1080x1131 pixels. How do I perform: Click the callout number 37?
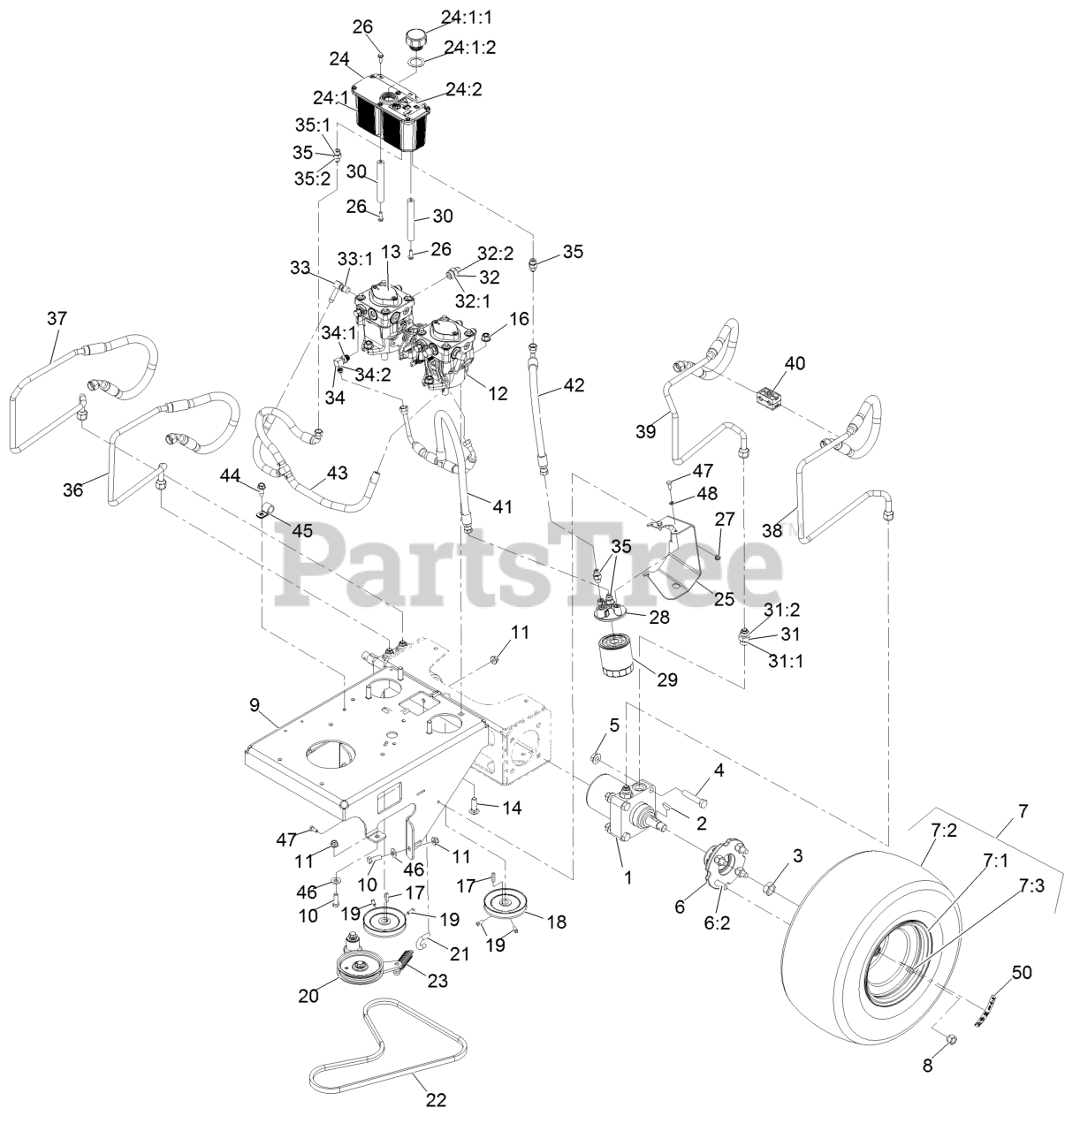pyautogui.click(x=57, y=318)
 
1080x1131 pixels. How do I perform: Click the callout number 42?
pyautogui.click(x=574, y=384)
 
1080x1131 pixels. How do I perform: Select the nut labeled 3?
pyautogui.click(x=770, y=886)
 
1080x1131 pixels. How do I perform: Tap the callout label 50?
pyautogui.click(x=1022, y=973)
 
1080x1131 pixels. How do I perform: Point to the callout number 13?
pyautogui.click(x=392, y=252)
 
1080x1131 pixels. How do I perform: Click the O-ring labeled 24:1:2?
pyautogui.click(x=419, y=63)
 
